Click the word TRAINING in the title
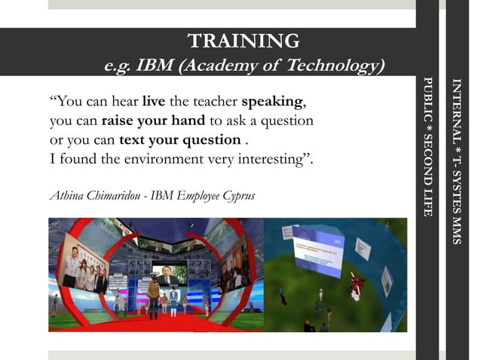click(243, 41)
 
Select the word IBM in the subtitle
click(155, 66)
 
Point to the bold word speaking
click(273, 102)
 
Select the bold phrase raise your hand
click(153, 121)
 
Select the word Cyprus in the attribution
click(237, 197)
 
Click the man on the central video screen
click(169, 273)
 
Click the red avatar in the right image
click(357, 286)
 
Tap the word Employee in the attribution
click(197, 197)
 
